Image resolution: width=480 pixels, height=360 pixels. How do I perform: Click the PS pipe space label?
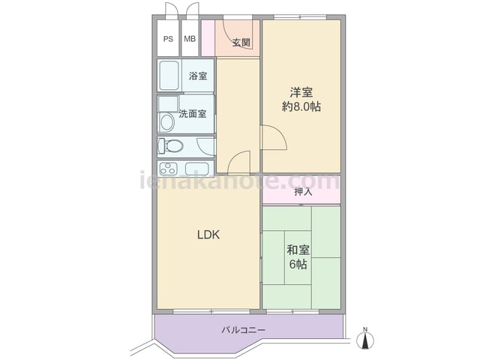point(168,39)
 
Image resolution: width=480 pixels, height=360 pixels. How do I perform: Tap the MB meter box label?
point(190,39)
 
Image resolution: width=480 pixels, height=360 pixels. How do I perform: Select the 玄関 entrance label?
point(241,43)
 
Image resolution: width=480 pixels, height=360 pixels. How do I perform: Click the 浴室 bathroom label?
point(198,76)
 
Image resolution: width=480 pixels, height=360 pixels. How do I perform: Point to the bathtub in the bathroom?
point(169,75)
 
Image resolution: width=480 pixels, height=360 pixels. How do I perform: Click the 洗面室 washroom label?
point(193,114)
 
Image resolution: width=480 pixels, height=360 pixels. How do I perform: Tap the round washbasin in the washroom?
point(166,122)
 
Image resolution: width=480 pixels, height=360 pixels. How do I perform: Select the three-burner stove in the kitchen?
point(168,168)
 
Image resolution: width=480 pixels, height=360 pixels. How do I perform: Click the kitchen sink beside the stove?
point(197,168)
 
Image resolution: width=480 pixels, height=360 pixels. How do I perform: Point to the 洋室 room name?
point(301,92)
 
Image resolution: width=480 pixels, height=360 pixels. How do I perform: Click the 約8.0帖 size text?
point(301,106)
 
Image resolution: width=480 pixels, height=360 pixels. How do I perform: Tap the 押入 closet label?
point(303,192)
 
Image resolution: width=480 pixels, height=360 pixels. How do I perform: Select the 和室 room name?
point(298,250)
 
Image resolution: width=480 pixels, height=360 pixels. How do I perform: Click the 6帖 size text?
point(298,264)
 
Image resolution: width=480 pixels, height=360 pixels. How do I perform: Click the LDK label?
point(208,235)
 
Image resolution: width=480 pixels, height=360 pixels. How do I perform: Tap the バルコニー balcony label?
point(243,330)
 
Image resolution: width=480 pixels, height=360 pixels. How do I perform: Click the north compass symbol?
point(365,338)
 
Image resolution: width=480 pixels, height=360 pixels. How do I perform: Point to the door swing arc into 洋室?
point(280,132)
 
